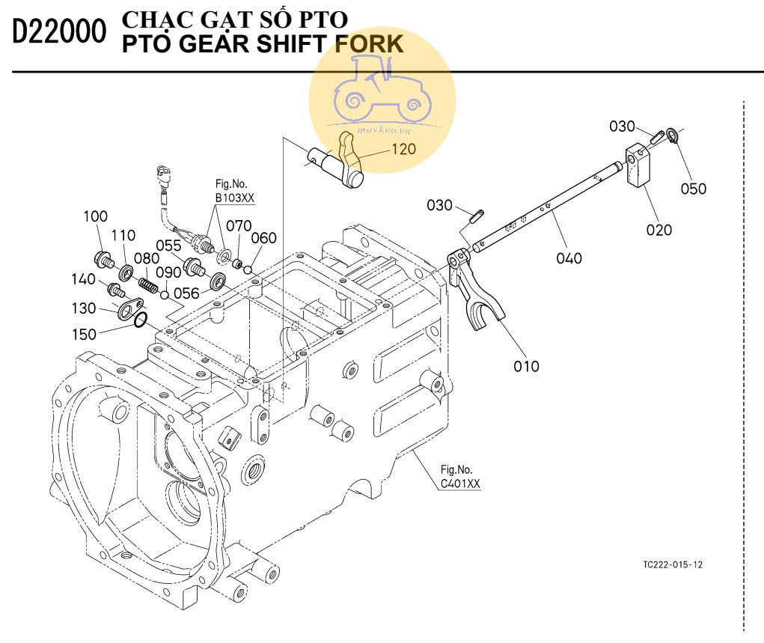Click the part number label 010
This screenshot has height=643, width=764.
[527, 366]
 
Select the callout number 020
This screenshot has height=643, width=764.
[659, 230]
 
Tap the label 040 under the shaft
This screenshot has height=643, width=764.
[569, 258]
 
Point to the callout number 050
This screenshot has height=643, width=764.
[693, 189]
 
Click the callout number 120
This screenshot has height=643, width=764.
[403, 149]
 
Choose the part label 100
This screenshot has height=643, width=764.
[96, 217]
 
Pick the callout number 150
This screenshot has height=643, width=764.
[85, 334]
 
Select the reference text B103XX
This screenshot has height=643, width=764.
[235, 198]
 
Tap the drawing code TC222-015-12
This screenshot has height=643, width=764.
[673, 564]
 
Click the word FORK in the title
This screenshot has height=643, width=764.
[370, 44]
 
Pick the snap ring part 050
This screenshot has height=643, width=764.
[673, 137]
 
